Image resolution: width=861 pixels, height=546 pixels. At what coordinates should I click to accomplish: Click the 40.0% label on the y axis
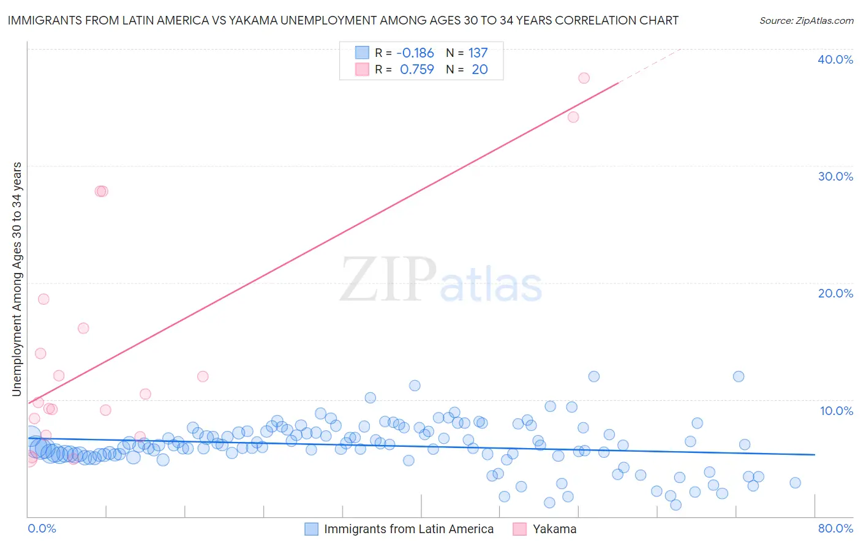point(835,59)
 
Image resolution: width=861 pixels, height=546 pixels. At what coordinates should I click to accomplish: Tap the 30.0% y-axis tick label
point(835,176)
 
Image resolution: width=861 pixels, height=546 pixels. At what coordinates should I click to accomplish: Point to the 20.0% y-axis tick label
point(835,293)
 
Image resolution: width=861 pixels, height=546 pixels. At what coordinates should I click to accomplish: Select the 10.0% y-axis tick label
point(837,411)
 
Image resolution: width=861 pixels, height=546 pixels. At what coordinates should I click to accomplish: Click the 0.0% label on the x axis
point(42,528)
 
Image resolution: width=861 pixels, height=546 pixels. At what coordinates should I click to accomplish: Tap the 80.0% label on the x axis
point(835,528)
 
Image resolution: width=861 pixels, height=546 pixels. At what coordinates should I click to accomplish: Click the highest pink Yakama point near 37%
point(584,78)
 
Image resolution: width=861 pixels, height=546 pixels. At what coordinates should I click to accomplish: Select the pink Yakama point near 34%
point(573,117)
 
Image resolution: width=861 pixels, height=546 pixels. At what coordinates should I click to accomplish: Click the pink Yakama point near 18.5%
point(43,299)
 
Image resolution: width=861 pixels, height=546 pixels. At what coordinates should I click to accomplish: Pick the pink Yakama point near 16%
point(83,328)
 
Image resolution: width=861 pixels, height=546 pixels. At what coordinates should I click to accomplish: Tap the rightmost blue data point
point(795,482)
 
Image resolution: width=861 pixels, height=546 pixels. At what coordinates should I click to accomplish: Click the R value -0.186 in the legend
point(415,53)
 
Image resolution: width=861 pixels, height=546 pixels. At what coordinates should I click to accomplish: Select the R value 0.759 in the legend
point(416,70)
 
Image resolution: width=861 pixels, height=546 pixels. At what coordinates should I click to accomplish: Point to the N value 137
point(478,53)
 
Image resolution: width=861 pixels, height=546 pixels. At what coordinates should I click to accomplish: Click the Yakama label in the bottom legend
point(554,529)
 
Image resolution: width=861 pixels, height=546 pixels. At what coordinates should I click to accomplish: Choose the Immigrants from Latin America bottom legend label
point(408,529)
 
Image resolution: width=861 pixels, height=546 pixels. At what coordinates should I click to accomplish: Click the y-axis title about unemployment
point(17,279)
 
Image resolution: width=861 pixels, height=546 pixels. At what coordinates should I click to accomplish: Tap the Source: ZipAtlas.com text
point(806,21)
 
